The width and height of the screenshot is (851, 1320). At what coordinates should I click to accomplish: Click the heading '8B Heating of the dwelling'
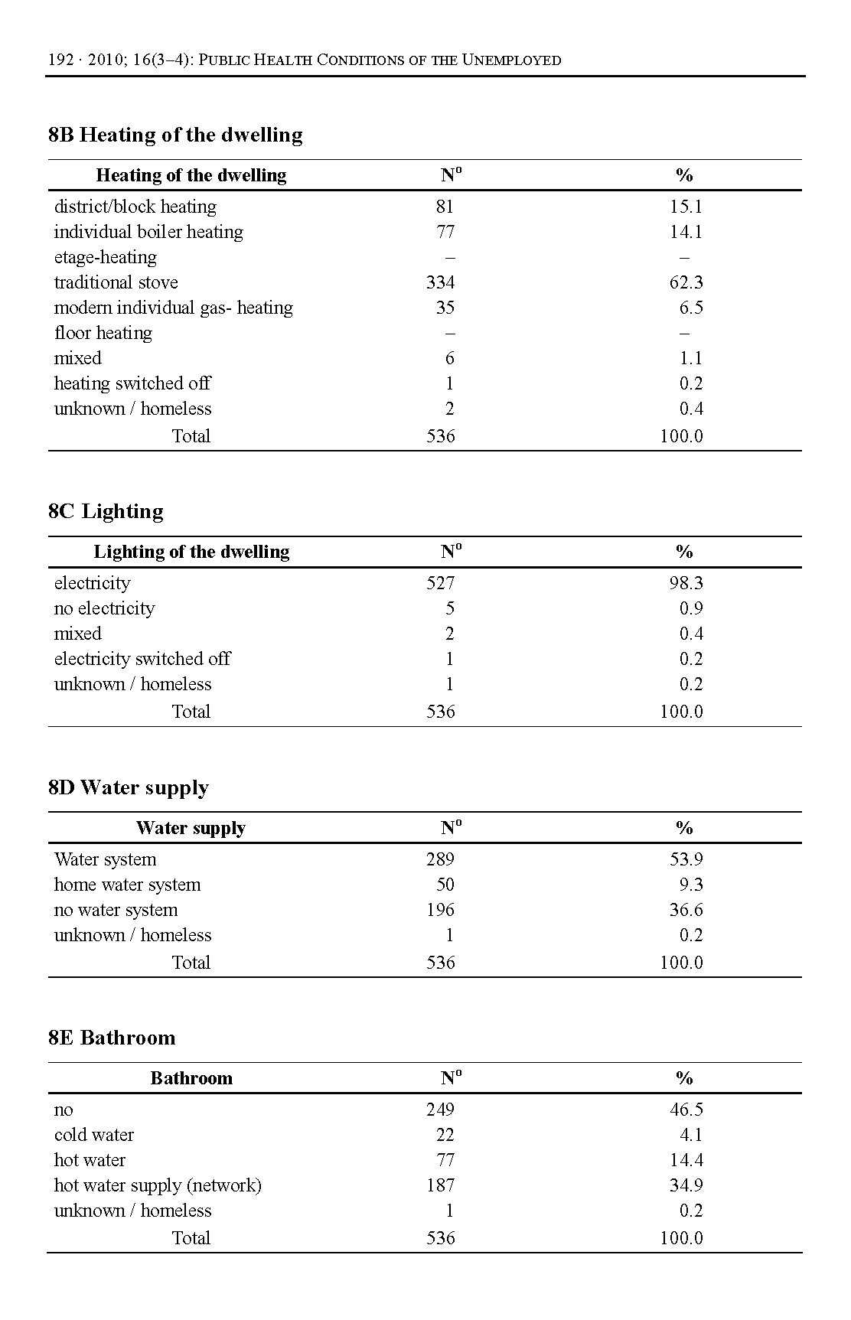[175, 135]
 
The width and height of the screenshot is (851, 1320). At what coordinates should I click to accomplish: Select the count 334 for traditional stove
[440, 282]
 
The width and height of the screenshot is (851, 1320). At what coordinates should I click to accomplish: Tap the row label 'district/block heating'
[135, 207]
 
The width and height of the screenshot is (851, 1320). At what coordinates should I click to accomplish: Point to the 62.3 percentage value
[686, 282]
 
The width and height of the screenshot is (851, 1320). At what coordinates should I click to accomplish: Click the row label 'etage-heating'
[105, 257]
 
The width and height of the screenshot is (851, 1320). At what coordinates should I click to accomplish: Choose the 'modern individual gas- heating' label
[173, 308]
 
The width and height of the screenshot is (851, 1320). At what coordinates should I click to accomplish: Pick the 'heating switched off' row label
[132, 383]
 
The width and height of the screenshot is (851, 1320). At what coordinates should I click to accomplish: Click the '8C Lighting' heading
[106, 512]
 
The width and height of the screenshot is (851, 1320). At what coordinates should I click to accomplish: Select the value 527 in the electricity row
[440, 583]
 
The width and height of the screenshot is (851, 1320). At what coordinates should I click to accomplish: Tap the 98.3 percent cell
[686, 583]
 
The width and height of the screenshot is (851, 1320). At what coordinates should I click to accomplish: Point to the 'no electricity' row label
[104, 608]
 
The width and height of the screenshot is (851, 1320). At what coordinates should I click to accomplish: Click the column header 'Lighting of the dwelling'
[191, 552]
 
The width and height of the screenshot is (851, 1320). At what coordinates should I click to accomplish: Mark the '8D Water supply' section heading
[128, 788]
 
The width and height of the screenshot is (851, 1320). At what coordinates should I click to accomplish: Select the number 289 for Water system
[440, 859]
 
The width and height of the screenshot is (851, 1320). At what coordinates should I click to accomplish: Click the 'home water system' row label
[127, 885]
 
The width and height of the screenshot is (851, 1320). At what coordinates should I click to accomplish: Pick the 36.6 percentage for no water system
[686, 910]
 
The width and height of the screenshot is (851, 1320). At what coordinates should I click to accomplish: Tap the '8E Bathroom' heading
[112, 1038]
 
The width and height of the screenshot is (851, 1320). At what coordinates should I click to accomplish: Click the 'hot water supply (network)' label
[158, 1185]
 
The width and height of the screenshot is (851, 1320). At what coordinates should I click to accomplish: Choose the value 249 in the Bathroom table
[440, 1110]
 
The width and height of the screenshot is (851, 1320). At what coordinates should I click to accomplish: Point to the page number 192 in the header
[60, 60]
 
